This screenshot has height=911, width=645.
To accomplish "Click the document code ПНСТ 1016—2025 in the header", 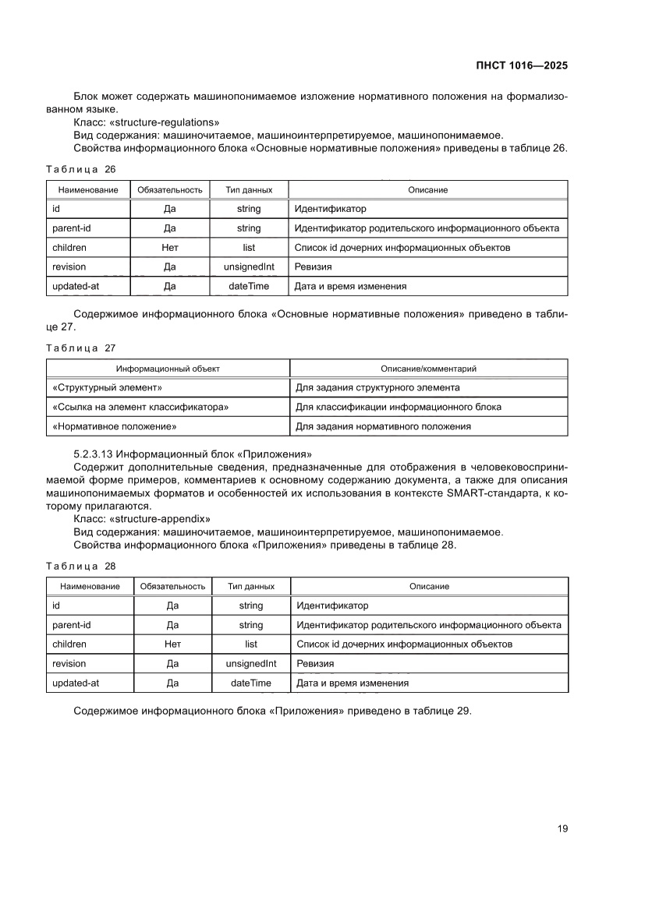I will tap(521, 66).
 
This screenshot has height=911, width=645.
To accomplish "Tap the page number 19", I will tap(562, 828).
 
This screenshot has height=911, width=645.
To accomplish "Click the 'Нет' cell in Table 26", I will tap(169, 248).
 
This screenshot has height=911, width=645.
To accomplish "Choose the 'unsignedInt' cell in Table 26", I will tap(249, 267).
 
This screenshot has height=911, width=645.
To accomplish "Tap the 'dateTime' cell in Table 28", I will tap(250, 683).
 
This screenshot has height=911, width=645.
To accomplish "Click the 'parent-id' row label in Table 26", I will tap(71, 228).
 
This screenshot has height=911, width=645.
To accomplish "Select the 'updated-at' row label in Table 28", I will tap(76, 683).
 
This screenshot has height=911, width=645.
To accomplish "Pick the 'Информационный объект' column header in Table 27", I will tap(168, 369).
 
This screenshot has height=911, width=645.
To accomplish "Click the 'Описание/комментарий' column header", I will tap(428, 369).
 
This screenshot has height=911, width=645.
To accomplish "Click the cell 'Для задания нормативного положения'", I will tap(383, 426).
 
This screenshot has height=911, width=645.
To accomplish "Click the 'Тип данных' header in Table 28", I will tap(250, 586).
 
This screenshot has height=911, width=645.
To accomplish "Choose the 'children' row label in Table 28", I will tap(69, 644).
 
